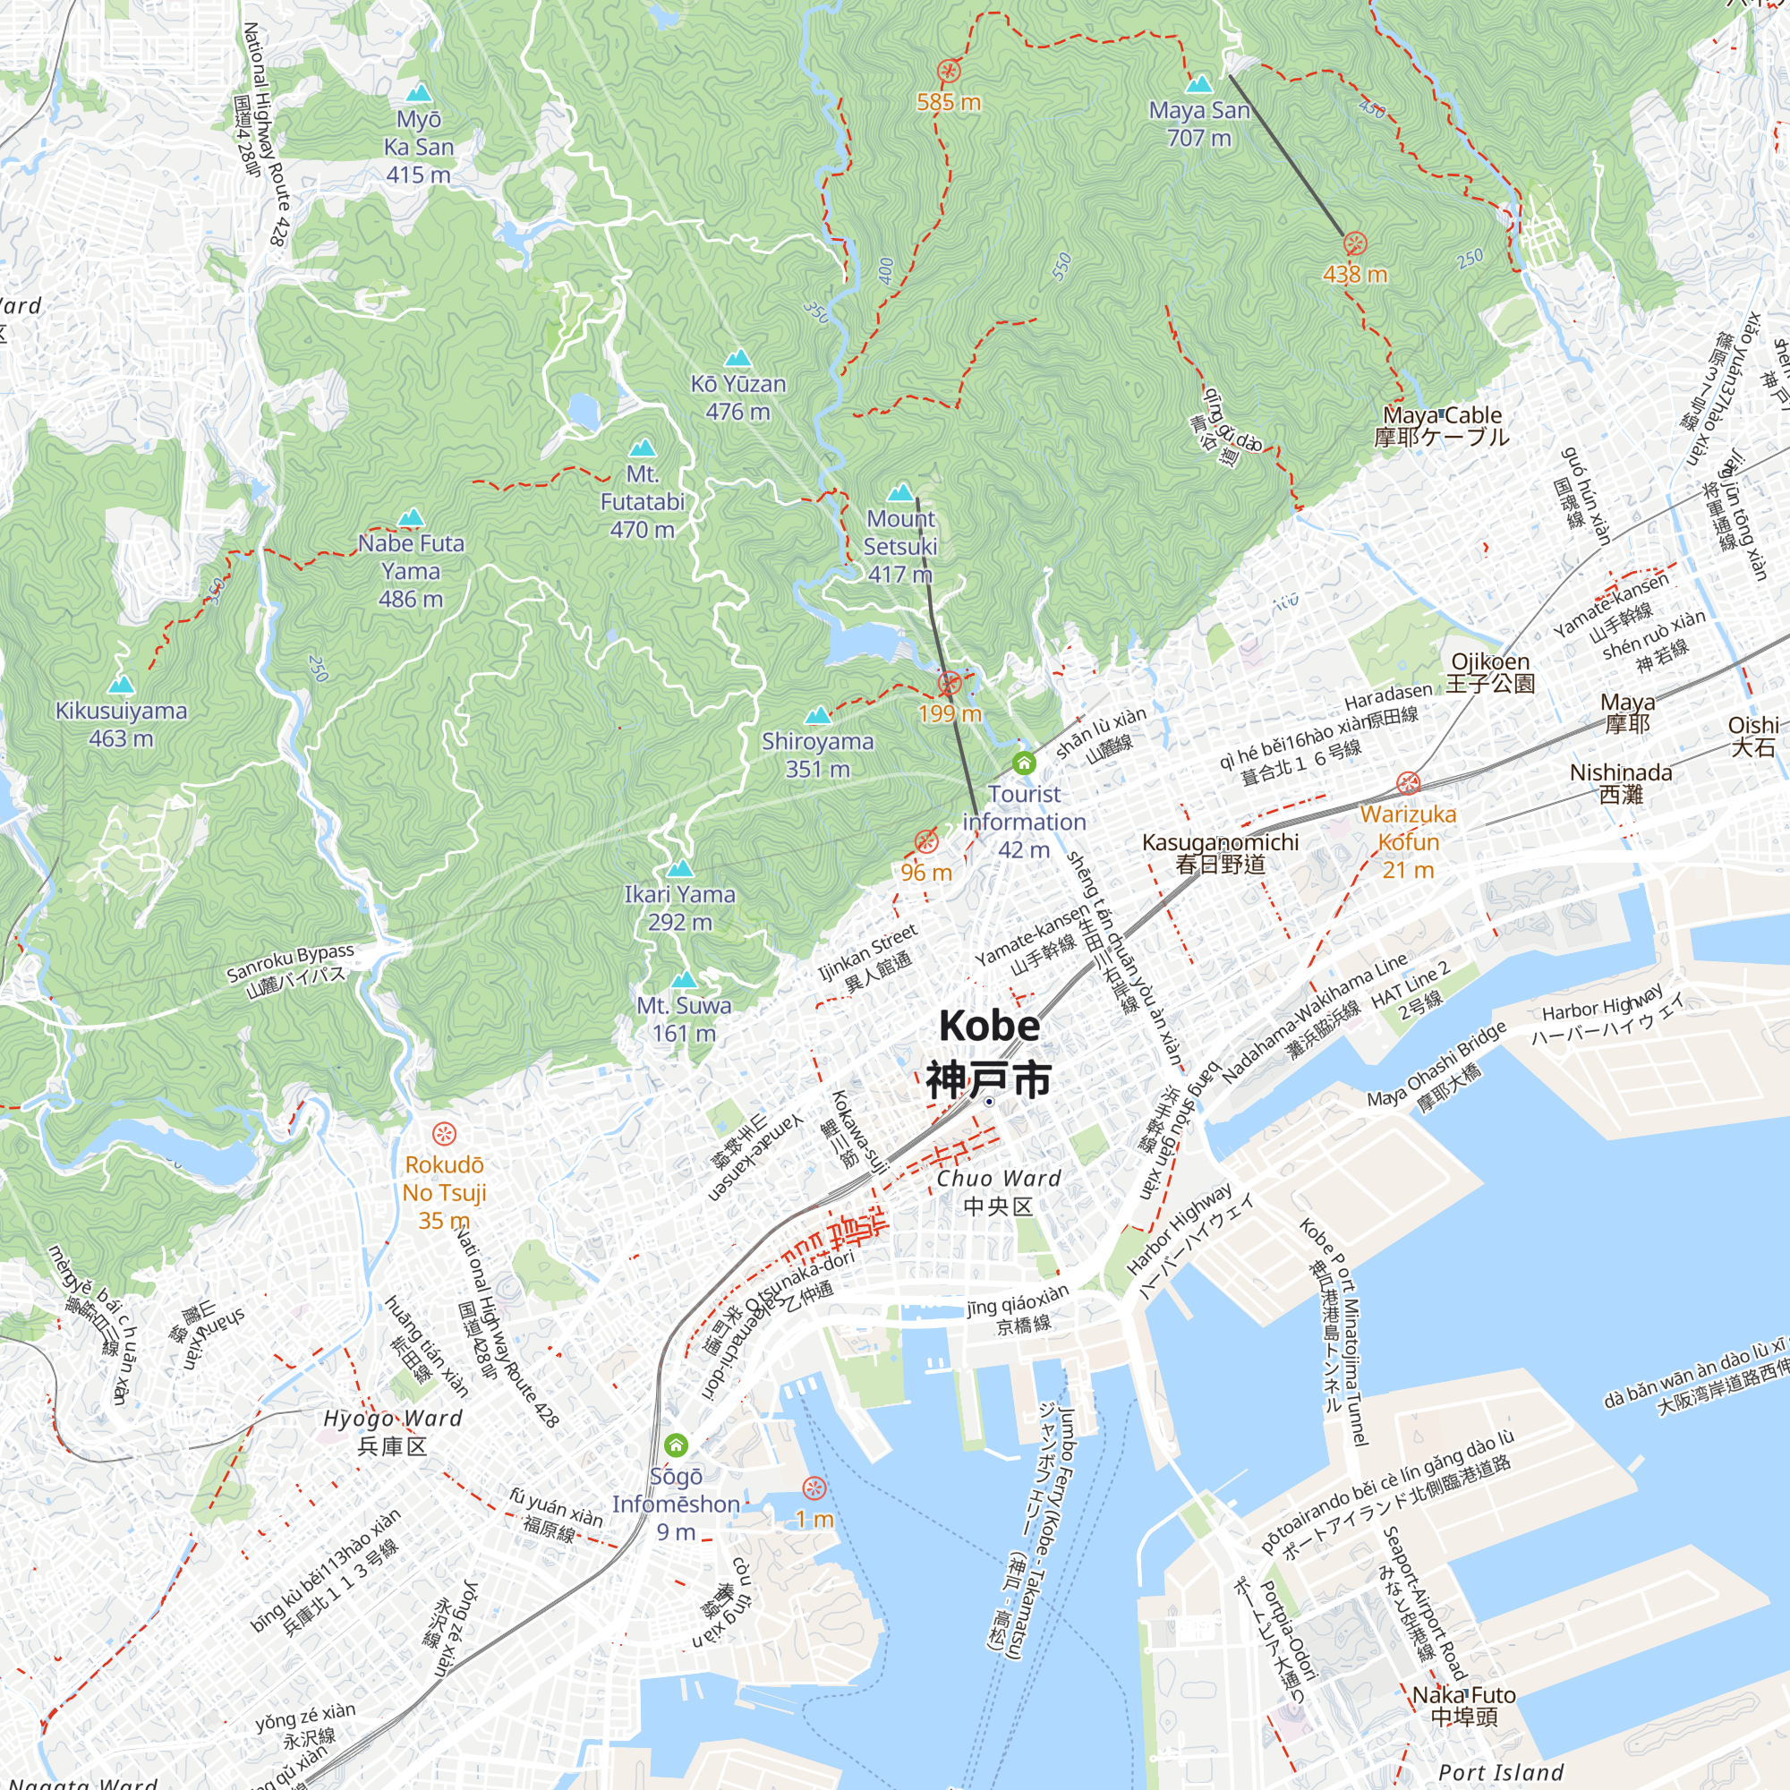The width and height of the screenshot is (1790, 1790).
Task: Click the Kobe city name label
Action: click(x=989, y=1053)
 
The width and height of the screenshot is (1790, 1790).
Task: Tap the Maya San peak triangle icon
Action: click(x=1199, y=84)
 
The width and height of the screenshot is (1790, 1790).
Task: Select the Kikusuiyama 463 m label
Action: click(x=122, y=725)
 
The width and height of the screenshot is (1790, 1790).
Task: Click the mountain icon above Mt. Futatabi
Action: click(x=642, y=449)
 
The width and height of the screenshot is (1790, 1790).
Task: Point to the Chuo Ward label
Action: click(x=998, y=1190)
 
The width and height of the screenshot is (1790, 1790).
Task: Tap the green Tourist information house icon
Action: click(x=1024, y=763)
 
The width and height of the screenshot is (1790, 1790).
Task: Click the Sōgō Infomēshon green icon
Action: click(x=677, y=1445)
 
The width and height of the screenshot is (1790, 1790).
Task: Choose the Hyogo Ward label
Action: click(x=392, y=1431)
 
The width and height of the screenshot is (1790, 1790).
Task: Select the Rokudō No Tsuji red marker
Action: click(x=445, y=1133)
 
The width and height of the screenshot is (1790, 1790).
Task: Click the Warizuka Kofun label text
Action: click(x=1408, y=841)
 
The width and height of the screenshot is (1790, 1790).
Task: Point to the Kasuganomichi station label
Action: click(x=1220, y=852)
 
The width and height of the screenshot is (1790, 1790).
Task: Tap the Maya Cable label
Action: click(x=1442, y=426)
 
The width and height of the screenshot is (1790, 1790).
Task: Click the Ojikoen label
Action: click(x=1491, y=672)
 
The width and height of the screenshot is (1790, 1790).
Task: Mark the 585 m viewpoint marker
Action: click(x=949, y=72)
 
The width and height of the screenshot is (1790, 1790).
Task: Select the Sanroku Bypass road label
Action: click(x=291, y=970)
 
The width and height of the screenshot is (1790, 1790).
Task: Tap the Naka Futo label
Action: click(x=1464, y=1705)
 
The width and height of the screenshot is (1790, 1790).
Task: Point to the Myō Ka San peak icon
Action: click(x=420, y=94)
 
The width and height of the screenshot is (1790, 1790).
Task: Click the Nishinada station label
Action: click(x=1622, y=783)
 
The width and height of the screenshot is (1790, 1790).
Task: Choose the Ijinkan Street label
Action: click(x=867, y=956)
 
